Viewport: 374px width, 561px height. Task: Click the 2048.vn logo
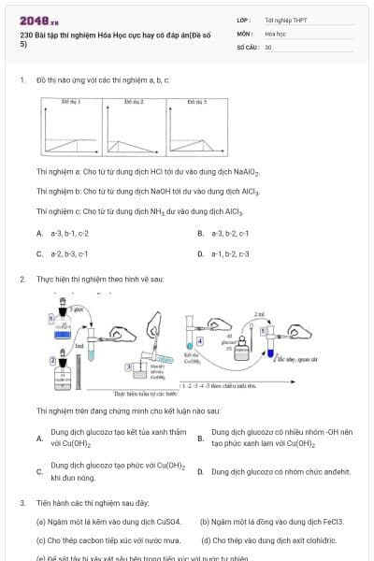(x=38, y=21)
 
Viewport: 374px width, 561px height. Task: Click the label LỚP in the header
(x=243, y=19)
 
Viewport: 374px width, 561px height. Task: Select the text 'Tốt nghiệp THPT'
(x=285, y=19)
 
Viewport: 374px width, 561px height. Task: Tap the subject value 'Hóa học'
(x=275, y=33)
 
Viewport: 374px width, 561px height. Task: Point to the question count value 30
(x=268, y=46)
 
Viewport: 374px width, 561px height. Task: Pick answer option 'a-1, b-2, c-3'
(x=230, y=252)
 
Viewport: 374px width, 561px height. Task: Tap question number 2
(x=22, y=279)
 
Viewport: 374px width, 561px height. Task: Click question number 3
(x=22, y=502)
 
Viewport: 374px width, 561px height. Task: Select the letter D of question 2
(x=200, y=472)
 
